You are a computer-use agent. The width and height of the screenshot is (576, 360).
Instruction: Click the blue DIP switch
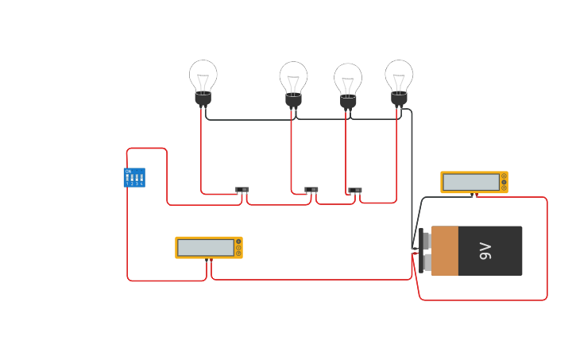[x=134, y=177]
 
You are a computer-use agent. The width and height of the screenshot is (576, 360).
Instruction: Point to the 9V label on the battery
[x=486, y=251]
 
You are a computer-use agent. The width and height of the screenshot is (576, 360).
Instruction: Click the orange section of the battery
[x=445, y=251]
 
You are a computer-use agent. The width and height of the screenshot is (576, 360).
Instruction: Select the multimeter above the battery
[x=474, y=182]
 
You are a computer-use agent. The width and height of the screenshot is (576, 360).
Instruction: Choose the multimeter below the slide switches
[x=209, y=247]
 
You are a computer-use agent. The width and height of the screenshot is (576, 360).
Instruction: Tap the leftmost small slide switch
[x=242, y=190]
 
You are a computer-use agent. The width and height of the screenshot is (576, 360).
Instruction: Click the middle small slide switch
[x=311, y=190]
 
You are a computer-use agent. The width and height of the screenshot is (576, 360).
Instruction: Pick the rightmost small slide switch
[x=355, y=191]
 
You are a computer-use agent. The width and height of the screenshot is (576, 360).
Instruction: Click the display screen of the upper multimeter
[x=471, y=182]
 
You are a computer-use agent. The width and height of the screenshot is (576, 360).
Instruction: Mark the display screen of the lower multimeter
[x=206, y=247]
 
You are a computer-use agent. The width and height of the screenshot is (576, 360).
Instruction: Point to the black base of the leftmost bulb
[x=203, y=99]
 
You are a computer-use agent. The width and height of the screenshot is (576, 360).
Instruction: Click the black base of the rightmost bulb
[x=399, y=99]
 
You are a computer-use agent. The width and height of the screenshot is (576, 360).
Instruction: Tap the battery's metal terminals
[x=426, y=251]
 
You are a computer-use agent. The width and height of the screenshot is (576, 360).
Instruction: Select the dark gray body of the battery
[x=501, y=251]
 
